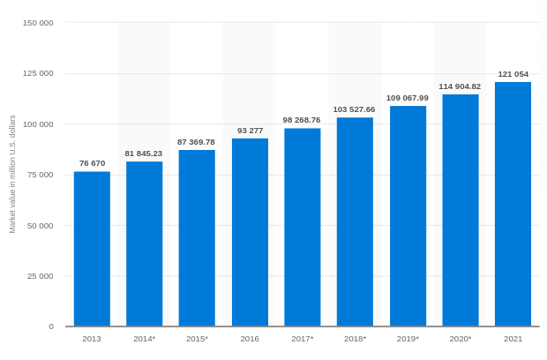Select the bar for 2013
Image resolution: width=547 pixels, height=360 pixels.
[x=92, y=249]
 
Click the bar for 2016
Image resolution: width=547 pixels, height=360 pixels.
[x=250, y=232]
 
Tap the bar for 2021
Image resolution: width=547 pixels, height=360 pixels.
[x=513, y=204]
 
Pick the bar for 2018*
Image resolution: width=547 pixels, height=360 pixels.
[x=355, y=221]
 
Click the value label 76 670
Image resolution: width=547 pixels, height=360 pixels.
[x=92, y=163]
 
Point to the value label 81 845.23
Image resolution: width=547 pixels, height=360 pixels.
[x=144, y=153]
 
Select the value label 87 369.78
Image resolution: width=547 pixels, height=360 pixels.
[x=196, y=141]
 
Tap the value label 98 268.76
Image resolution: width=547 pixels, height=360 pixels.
[x=302, y=120]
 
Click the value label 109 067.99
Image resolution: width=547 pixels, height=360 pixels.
[x=407, y=98]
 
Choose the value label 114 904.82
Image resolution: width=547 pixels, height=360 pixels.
[x=460, y=86]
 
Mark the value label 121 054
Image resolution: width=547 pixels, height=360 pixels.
[x=513, y=74]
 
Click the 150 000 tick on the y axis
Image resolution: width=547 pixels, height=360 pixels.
[x=38, y=22]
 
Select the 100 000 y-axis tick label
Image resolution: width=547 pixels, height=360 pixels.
[x=38, y=124]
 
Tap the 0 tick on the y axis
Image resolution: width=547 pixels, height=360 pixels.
[x=51, y=326]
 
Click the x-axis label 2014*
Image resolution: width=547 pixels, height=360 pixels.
[x=144, y=339]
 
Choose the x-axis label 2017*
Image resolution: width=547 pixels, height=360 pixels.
[x=302, y=339]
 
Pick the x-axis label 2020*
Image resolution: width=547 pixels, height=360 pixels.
[x=460, y=339]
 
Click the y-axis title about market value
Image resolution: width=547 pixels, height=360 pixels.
[x=12, y=174]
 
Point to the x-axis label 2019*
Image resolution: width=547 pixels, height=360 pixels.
[x=407, y=339]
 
